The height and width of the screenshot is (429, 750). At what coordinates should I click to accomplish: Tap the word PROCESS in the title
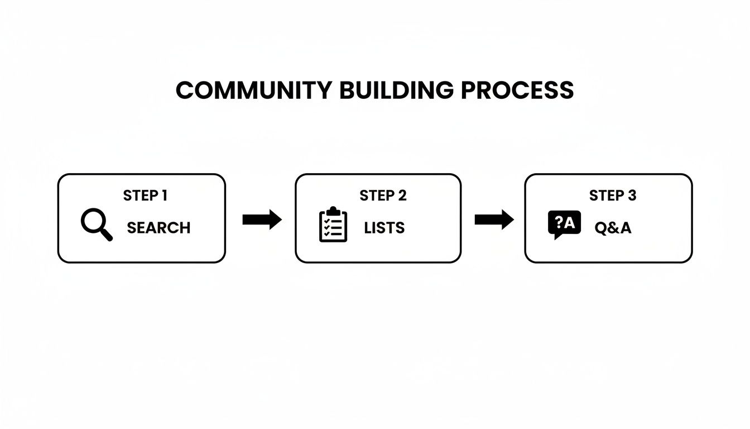tap(517, 90)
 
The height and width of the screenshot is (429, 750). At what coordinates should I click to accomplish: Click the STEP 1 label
tap(145, 196)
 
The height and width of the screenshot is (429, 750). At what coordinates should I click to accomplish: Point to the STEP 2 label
tap(383, 196)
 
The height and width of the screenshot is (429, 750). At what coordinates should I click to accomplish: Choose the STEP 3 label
tap(613, 196)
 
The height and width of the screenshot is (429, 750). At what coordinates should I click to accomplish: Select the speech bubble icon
tap(564, 225)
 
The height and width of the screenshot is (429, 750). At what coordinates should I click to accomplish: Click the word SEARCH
tap(158, 228)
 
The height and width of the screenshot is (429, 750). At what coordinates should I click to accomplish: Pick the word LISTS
tap(384, 228)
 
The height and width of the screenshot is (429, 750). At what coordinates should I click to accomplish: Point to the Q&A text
tap(613, 228)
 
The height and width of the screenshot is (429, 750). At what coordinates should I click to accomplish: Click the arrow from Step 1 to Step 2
tap(262, 220)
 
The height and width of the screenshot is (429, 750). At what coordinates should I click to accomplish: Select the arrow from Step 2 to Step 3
tap(494, 220)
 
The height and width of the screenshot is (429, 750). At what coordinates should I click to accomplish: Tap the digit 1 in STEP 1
tap(164, 196)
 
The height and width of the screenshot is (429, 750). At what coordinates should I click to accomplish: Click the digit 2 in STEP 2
tap(402, 196)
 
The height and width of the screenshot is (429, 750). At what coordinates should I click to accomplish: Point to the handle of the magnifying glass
tap(107, 235)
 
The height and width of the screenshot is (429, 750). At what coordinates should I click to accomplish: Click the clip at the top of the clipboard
tap(333, 211)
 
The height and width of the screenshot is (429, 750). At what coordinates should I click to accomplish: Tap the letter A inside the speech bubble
tap(569, 223)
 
